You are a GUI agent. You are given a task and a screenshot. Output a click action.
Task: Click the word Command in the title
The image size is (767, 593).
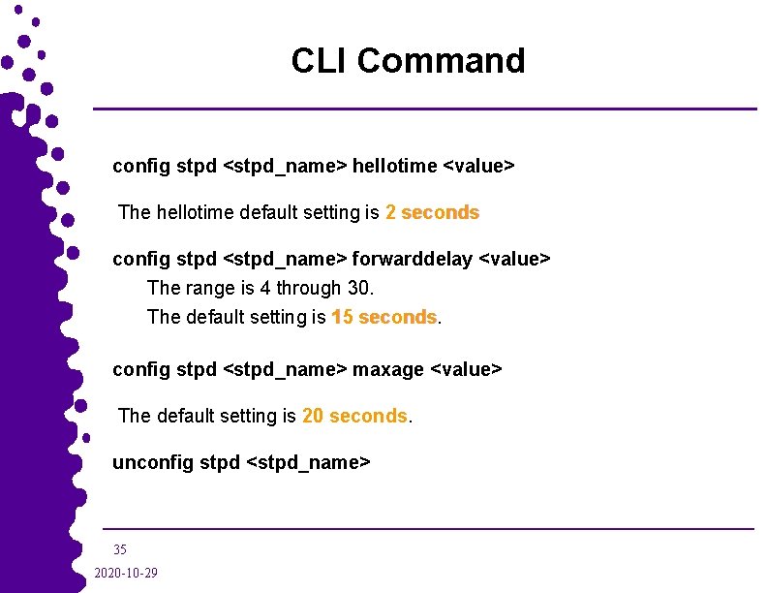(x=441, y=61)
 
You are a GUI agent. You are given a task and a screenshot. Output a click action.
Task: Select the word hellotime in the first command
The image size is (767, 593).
(x=394, y=166)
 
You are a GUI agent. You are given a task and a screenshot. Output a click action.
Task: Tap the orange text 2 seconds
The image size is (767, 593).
(x=432, y=212)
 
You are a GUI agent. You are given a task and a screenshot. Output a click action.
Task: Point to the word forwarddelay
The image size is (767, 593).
(x=414, y=259)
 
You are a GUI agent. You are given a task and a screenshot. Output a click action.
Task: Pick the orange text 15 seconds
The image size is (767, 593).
(x=383, y=317)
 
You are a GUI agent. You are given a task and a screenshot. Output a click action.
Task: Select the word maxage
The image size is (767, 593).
(x=387, y=369)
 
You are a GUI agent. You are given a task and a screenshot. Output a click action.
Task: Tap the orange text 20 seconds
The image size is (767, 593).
(x=354, y=416)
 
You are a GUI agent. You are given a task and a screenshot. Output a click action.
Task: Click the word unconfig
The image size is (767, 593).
(x=153, y=462)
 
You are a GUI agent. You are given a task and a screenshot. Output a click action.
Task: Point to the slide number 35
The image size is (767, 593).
(x=120, y=549)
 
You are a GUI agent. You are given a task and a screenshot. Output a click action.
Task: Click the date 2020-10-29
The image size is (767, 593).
(x=126, y=574)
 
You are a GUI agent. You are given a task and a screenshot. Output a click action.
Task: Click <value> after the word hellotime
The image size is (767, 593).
(x=478, y=166)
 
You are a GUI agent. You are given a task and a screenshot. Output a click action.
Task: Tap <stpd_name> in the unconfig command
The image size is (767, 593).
(x=309, y=462)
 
